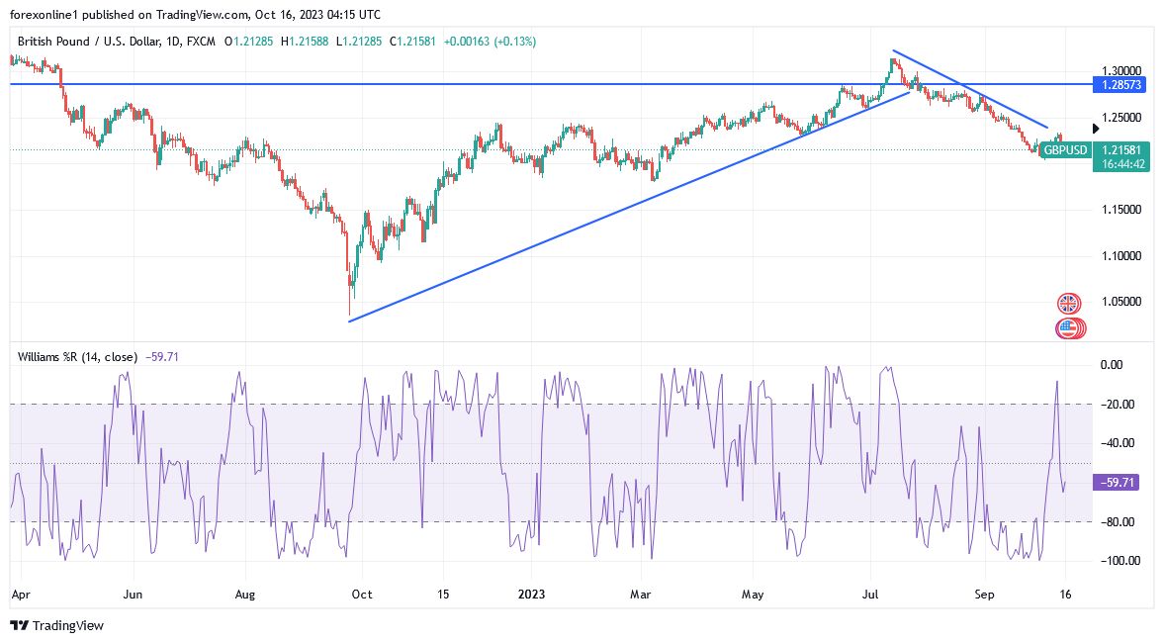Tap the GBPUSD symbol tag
pos(1066,150)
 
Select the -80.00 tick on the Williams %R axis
pos(1116,522)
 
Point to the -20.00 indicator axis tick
pos(1116,405)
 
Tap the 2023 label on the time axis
pos(531,595)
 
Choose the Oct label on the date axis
pos(362,595)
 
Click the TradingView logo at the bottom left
pos(56,625)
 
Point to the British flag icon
pos(1068,303)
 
